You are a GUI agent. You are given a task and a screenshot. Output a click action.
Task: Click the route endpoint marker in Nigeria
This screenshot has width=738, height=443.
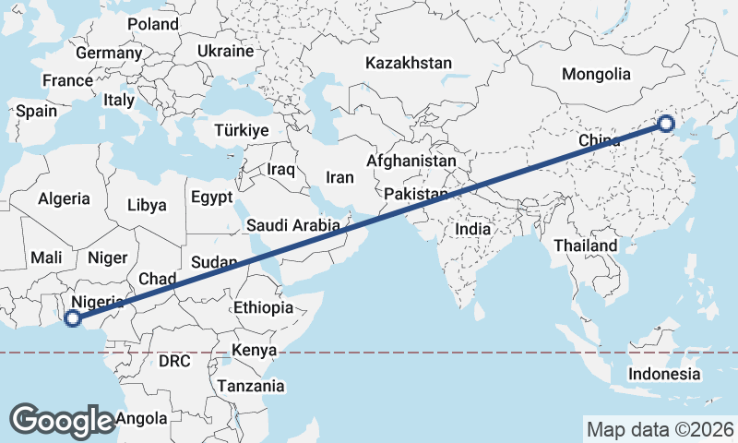(72, 319)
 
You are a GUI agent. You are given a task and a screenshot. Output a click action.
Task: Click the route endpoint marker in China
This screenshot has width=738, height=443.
(665, 124)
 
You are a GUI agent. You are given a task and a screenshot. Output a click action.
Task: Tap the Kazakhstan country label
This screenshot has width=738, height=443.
(409, 64)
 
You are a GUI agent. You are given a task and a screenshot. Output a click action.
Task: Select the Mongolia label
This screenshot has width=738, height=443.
(596, 75)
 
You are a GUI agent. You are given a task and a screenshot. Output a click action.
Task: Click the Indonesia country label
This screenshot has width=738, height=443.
(664, 374)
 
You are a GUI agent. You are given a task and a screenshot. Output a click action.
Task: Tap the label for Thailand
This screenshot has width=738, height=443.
(586, 246)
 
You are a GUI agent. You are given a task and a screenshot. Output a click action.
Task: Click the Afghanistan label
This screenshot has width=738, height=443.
(411, 161)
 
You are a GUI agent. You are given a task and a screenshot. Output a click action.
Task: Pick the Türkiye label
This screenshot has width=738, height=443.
(241, 131)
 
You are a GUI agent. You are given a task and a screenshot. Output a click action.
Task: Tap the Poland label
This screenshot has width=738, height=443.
(153, 24)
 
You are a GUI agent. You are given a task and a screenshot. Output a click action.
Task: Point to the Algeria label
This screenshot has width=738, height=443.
(65, 198)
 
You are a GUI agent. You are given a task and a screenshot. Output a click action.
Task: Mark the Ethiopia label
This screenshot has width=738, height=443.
(263, 307)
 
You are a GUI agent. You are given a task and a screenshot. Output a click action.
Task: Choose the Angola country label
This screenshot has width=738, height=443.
(143, 419)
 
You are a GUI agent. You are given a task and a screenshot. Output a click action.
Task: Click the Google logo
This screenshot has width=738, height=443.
(62, 420)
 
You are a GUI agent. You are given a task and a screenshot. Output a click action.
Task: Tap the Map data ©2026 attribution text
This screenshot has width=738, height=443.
(660, 429)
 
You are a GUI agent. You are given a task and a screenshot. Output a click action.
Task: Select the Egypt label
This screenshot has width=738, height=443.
(211, 198)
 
